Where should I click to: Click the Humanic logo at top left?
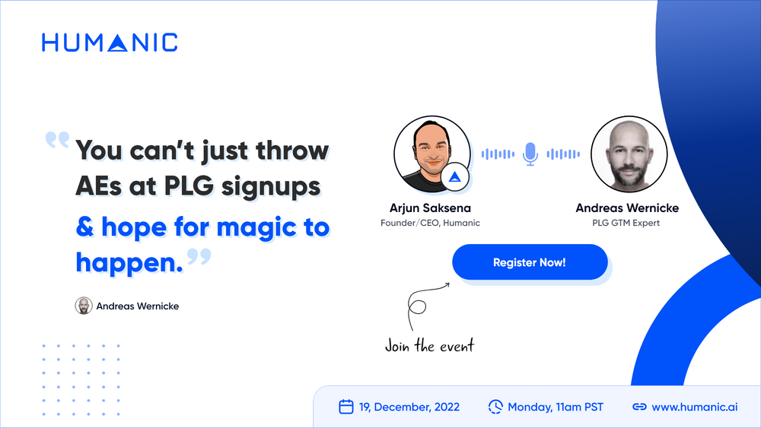tap(110, 43)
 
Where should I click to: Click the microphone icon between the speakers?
tap(530, 154)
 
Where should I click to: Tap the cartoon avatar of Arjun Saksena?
tap(432, 154)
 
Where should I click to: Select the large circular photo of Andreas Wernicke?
tap(629, 154)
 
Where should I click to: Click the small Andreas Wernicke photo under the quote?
tap(84, 306)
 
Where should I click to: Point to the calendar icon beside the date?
tap(346, 407)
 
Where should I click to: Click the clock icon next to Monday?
tap(495, 407)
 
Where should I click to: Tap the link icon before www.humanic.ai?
tap(640, 407)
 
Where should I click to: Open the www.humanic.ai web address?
tap(695, 407)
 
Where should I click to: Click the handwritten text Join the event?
tap(429, 346)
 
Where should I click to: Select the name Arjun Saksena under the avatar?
tap(430, 208)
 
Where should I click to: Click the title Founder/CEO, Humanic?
tap(430, 223)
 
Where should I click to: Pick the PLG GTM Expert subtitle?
tap(626, 223)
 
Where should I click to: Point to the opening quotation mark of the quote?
tap(57, 140)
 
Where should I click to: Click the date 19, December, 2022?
tap(409, 407)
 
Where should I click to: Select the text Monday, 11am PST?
tap(556, 407)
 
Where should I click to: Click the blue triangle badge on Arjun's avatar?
tap(455, 177)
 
